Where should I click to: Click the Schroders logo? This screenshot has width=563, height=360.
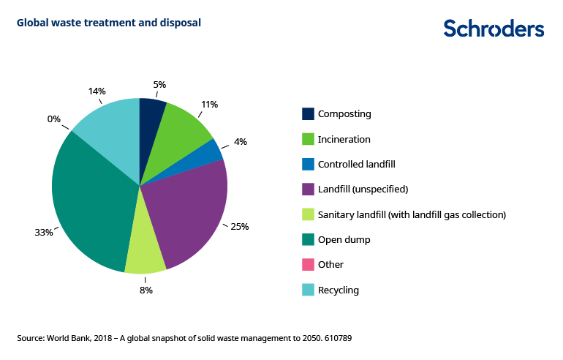tap(494, 29)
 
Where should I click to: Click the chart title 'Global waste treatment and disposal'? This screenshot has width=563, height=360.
tap(109, 23)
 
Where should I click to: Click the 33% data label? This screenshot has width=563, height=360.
tap(44, 233)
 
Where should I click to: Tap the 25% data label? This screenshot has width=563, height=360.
tap(240, 227)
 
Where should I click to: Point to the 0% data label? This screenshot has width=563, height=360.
tap(54, 119)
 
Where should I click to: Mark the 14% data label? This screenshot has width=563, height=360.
tap(97, 91)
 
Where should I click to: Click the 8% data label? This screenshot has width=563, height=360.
tap(146, 290)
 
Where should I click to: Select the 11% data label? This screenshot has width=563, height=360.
tap(209, 105)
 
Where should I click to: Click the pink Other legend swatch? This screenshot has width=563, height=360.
tap(309, 265)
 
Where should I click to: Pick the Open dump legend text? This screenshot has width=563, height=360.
tap(344, 240)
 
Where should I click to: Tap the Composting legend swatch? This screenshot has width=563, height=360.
tap(309, 114)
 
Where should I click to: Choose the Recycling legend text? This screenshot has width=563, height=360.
tap(339, 290)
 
